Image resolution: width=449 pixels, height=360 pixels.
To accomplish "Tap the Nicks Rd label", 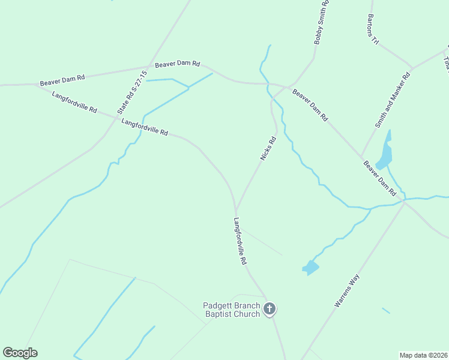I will (268, 149).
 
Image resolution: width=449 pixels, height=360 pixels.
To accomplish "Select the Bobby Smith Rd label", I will (322, 23).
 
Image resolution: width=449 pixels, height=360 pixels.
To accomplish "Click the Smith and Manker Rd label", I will (393, 100).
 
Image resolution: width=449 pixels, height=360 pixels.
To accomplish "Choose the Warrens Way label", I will (346, 291).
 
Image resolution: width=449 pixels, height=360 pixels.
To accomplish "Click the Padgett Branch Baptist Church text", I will (232, 310).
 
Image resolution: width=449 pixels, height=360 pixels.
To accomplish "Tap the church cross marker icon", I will (270, 310).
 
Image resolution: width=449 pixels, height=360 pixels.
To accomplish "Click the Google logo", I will (20, 353).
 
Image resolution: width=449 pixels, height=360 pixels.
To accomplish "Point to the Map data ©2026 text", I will (424, 355).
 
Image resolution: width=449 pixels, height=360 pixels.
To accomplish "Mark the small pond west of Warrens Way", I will (310, 267).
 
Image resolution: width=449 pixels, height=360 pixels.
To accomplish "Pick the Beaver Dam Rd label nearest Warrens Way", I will (380, 178).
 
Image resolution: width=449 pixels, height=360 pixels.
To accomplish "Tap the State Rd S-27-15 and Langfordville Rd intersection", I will (116, 117).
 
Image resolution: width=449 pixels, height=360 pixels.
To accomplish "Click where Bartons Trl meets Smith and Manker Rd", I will (412, 68).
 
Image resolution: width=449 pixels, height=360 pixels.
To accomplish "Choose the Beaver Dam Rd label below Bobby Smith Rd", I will (310, 105).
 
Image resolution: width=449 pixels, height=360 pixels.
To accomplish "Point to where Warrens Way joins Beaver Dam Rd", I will (405, 202).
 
